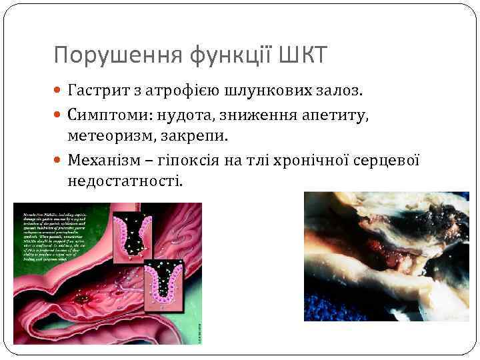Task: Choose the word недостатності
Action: (124, 181)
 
